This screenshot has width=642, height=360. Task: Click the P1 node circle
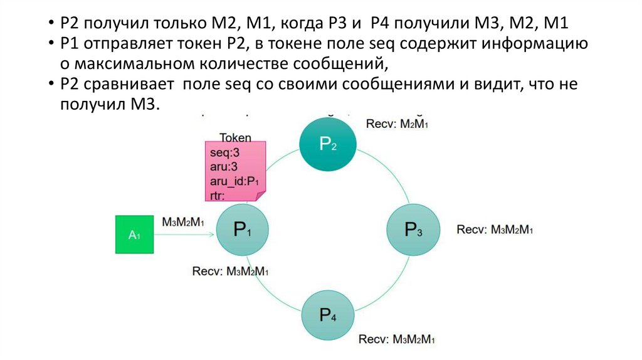tap(243, 230)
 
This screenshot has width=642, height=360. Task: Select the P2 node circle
tap(327, 145)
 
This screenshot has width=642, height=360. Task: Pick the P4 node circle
tap(328, 315)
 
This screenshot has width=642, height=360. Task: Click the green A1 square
tap(134, 235)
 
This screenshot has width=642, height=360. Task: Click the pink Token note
tap(234, 171)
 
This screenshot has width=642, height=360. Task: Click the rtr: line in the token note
tap(218, 196)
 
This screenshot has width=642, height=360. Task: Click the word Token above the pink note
tap(235, 137)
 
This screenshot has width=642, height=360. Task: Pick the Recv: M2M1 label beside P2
tap(397, 124)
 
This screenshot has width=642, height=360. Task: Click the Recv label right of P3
tap(495, 230)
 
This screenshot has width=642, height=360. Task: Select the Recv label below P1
tap(231, 272)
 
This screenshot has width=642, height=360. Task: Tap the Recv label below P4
tap(397, 339)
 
